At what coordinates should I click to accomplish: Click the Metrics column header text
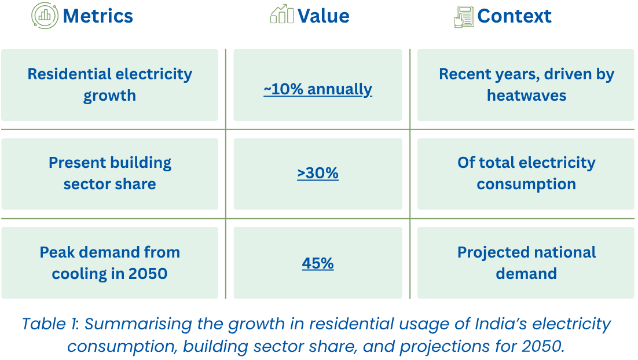point(98,16)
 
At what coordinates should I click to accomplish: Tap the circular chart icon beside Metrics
point(45,16)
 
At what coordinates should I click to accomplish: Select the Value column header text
point(323,16)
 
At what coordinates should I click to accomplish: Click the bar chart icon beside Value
point(282,14)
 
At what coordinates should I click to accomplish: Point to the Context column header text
point(514,16)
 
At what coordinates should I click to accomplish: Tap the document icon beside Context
point(464,16)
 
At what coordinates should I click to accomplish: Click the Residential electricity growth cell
point(109,85)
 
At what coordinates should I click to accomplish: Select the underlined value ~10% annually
point(317,89)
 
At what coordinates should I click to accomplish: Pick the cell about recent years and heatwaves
point(526,85)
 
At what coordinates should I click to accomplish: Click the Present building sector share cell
point(109,173)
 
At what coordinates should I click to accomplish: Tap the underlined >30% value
point(317,173)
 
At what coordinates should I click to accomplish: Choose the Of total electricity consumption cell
point(526,173)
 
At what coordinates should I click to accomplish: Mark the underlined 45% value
point(317,263)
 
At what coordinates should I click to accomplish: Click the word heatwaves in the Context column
point(526,95)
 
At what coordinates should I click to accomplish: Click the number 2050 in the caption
point(542,346)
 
